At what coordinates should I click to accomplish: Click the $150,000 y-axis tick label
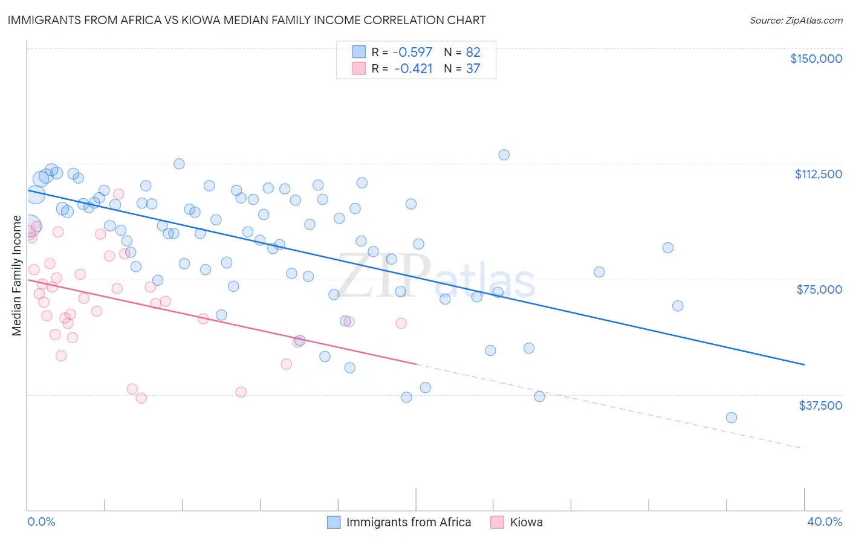[x=816, y=59]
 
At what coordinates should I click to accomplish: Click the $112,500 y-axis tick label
[x=818, y=174]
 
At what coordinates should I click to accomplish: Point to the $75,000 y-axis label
[x=819, y=289]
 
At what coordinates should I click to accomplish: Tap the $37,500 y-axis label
[x=820, y=405]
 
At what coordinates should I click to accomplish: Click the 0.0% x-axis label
[x=41, y=522]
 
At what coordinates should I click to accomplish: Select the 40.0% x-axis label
[x=824, y=522]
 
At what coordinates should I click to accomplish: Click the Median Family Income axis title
[x=16, y=275]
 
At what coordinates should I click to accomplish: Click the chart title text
[x=246, y=20]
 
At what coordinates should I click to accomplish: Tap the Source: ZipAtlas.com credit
[x=796, y=20]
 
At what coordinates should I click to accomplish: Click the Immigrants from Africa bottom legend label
[x=408, y=522]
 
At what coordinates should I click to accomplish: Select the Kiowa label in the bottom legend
[x=526, y=522]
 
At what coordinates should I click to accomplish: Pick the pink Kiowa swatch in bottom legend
[x=497, y=522]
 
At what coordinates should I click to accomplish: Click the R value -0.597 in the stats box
[x=413, y=52]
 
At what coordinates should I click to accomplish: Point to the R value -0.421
[x=413, y=68]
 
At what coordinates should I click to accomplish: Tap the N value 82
[x=473, y=52]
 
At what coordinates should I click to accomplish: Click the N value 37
[x=473, y=68]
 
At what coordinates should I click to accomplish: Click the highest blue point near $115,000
[x=504, y=155]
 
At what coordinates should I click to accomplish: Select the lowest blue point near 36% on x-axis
[x=731, y=418]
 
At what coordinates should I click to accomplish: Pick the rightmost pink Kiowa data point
[x=401, y=323]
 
